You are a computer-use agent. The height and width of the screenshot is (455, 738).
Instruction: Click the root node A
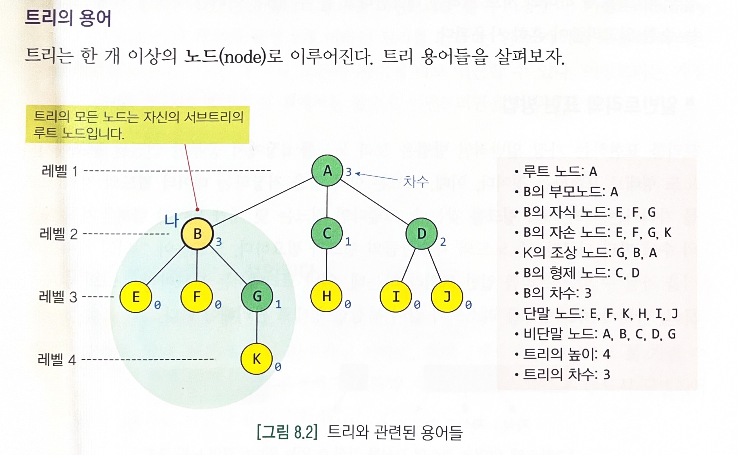pyautogui.click(x=327, y=171)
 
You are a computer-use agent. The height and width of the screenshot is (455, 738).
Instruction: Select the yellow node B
pyautogui.click(x=197, y=234)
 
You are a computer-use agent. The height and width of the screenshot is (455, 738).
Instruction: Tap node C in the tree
pyautogui.click(x=327, y=234)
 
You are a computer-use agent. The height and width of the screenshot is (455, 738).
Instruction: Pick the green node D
pyautogui.click(x=421, y=234)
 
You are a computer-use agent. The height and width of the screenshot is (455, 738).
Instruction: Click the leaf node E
pyautogui.click(x=136, y=297)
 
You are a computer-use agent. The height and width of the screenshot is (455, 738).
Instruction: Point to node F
pyautogui.click(x=197, y=297)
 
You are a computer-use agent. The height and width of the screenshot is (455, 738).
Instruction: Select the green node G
pyautogui.click(x=257, y=297)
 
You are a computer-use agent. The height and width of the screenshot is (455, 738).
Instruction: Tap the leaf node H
pyautogui.click(x=326, y=297)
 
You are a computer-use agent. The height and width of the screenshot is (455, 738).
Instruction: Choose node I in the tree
pyautogui.click(x=396, y=297)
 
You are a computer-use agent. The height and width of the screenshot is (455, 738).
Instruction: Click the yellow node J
pyautogui.click(x=447, y=297)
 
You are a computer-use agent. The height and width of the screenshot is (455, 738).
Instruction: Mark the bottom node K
pyautogui.click(x=257, y=359)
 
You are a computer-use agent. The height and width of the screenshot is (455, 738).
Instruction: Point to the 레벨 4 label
pyautogui.click(x=57, y=359)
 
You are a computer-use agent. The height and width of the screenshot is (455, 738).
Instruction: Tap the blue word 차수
pyautogui.click(x=416, y=182)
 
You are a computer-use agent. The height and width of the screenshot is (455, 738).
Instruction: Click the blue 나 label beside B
pyautogui.click(x=172, y=220)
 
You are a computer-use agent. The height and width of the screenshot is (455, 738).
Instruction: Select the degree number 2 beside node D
pyautogui.click(x=443, y=242)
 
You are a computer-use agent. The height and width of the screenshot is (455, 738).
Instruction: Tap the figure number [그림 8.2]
pyautogui.click(x=287, y=432)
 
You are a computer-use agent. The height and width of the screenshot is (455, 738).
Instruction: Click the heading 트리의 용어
pyautogui.click(x=68, y=18)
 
